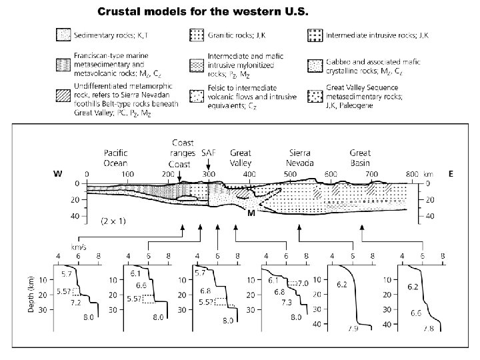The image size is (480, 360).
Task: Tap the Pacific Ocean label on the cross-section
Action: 115,158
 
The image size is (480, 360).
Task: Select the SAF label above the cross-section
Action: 208,153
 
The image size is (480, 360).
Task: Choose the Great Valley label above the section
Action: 240,158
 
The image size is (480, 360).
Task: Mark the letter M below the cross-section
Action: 251,215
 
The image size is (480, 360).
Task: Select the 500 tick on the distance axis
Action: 330,174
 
